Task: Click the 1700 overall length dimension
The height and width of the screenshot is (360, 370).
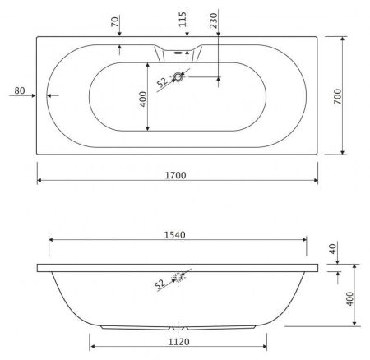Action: [176, 175]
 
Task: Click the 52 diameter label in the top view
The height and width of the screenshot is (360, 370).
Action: [161, 81]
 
